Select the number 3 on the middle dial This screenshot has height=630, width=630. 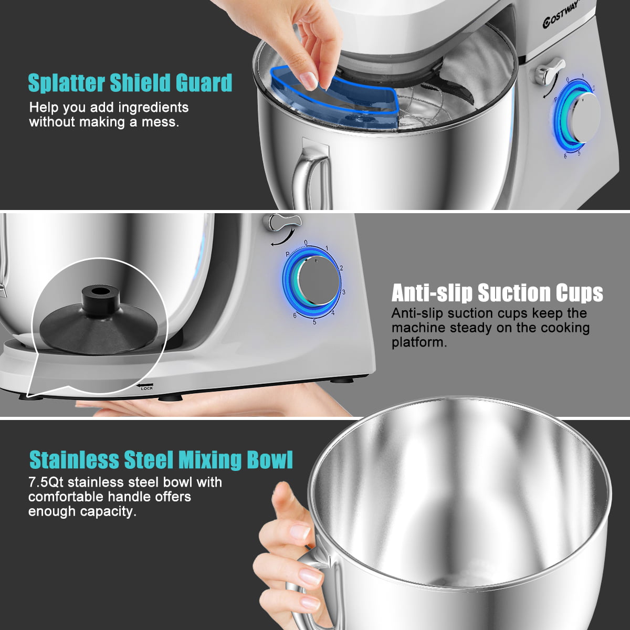click(344, 292)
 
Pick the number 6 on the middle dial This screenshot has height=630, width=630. click(295, 315)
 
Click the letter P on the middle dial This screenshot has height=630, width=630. click(288, 254)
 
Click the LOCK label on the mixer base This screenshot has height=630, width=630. click(147, 388)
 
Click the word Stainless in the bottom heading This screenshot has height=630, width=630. click(73, 459)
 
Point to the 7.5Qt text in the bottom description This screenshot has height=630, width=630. click(46, 482)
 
